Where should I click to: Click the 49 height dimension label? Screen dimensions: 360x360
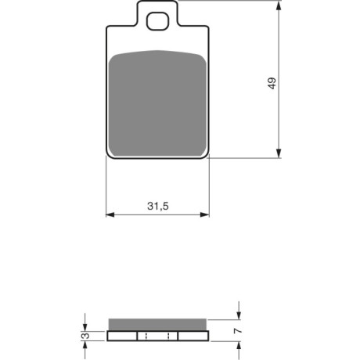272,83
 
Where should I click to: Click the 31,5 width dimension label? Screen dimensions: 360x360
158,206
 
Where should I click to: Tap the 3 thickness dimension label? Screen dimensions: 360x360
85,336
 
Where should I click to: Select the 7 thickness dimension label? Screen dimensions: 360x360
238,331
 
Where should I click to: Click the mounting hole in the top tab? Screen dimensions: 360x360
157,21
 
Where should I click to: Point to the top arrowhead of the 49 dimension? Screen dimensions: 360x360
279,5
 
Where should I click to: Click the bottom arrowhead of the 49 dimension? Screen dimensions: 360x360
279,153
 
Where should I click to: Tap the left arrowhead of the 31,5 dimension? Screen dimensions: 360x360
110,214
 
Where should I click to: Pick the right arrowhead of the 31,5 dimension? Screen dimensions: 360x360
204,214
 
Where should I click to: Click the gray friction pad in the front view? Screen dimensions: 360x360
157,103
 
